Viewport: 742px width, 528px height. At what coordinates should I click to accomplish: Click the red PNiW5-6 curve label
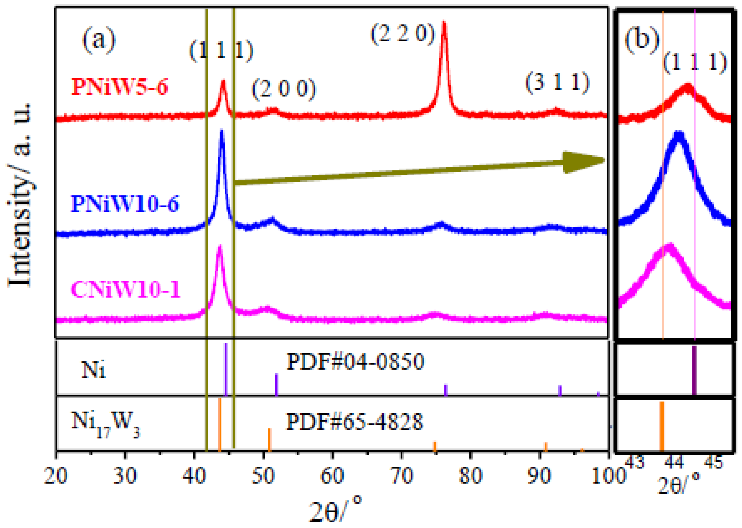(x=120, y=87)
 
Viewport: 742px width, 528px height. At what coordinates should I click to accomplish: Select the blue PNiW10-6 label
(x=125, y=204)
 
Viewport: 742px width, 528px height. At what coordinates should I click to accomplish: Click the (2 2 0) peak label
(x=403, y=34)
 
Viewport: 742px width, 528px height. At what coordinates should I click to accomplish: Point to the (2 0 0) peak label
(x=284, y=88)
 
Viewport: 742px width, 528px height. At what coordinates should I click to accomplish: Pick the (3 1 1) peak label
(x=557, y=83)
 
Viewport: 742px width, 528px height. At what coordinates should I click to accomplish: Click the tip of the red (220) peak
(x=443, y=23)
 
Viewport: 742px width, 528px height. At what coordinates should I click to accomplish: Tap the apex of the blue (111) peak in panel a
(x=222, y=131)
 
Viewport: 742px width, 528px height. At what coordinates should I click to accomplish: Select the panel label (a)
(x=99, y=40)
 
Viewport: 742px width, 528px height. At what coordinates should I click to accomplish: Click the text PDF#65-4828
(x=354, y=422)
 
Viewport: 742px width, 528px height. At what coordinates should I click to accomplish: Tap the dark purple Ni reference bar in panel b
(x=694, y=370)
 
